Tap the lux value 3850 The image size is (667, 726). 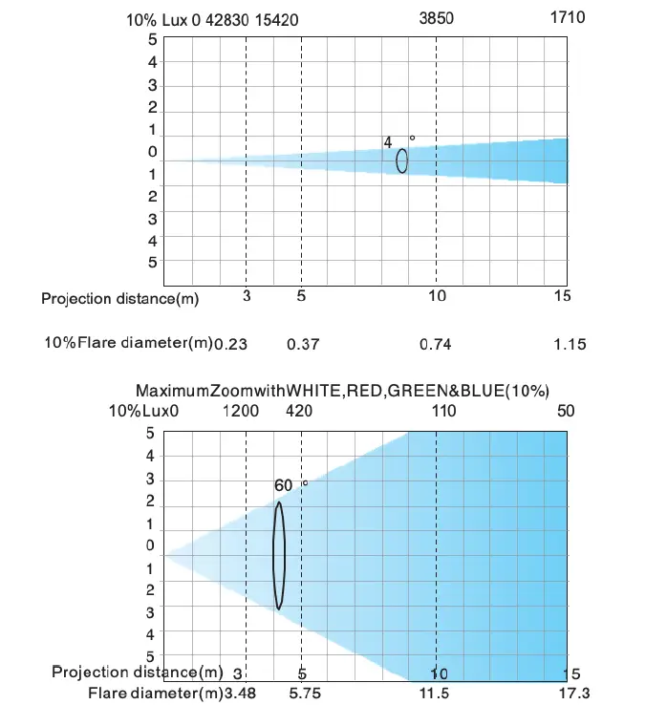tap(438, 18)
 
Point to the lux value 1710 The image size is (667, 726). tap(568, 18)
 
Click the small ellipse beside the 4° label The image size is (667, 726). tap(402, 160)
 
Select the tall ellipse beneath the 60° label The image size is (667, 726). tap(279, 555)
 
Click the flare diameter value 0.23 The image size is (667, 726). tap(230, 344)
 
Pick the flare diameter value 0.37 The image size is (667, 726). tap(303, 344)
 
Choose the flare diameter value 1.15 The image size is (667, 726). tap(569, 344)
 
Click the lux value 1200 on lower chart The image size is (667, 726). tap(241, 411)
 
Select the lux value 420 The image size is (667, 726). tap(299, 411)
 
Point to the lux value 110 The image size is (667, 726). tap(441, 411)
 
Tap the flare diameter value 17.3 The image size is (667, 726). tap(571, 693)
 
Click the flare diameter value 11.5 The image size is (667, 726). tap(434, 693)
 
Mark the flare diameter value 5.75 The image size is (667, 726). tap(304, 693)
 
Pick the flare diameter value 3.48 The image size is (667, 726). tap(239, 693)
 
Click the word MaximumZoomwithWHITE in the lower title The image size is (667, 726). tap(219, 391)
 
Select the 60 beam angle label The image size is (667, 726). tap(283, 485)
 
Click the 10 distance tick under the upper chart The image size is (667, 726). tap(437, 296)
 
